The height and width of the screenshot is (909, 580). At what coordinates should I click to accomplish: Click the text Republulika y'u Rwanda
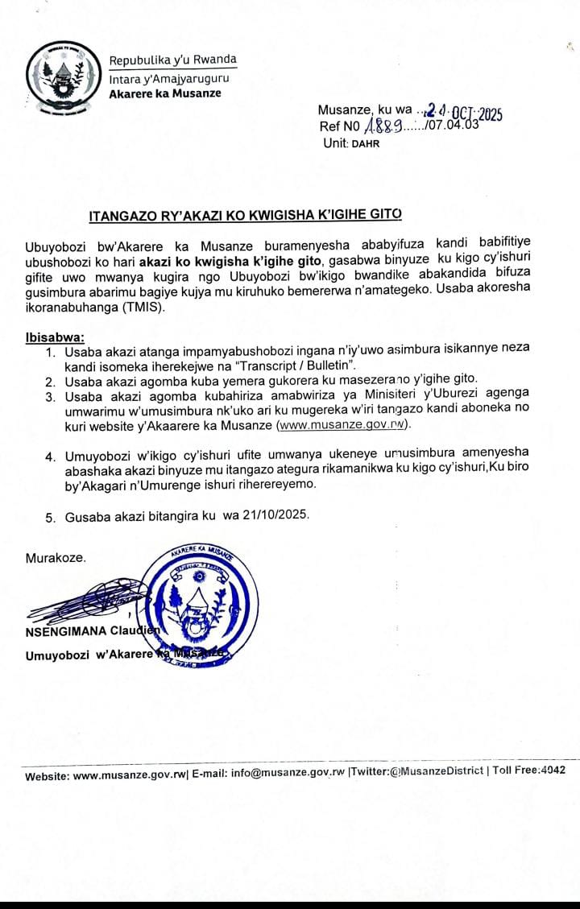click(x=173, y=60)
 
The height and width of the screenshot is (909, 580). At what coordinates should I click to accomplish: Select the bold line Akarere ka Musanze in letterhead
click(x=164, y=93)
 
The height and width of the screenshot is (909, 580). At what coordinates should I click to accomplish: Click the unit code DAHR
click(x=365, y=143)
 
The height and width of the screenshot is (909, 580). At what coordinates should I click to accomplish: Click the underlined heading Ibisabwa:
click(x=54, y=336)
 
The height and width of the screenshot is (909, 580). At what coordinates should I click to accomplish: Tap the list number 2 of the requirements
click(x=50, y=380)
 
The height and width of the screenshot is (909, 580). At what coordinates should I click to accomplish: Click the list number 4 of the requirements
click(x=50, y=457)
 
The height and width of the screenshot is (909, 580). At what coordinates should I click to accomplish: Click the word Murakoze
click(x=56, y=558)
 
